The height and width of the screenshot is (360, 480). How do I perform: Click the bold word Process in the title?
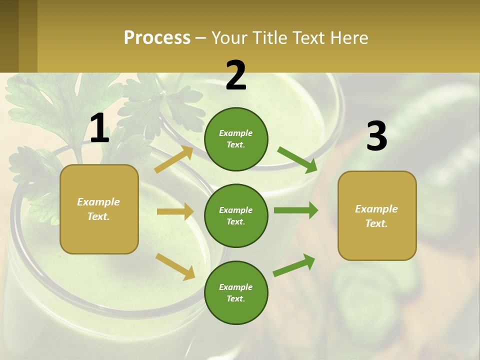click(x=157, y=37)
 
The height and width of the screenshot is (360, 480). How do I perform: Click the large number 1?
click(x=99, y=128)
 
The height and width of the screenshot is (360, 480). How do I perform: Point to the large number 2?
click(x=236, y=76)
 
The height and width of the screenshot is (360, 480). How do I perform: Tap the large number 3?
click(x=376, y=136)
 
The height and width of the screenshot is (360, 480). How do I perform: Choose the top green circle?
click(x=236, y=139)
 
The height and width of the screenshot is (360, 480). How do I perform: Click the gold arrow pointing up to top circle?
click(x=173, y=159)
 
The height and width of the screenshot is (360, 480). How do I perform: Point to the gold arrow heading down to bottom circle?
click(x=175, y=266)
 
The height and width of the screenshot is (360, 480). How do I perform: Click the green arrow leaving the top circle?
click(x=297, y=160)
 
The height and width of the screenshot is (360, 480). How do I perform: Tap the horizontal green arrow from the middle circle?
click(x=295, y=210)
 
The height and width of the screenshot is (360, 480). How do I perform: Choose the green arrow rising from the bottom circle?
click(x=294, y=265)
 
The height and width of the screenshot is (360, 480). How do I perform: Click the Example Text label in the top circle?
click(x=236, y=139)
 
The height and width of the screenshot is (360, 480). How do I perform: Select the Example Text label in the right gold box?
click(x=376, y=216)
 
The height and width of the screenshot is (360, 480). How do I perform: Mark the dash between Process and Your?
click(x=201, y=38)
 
